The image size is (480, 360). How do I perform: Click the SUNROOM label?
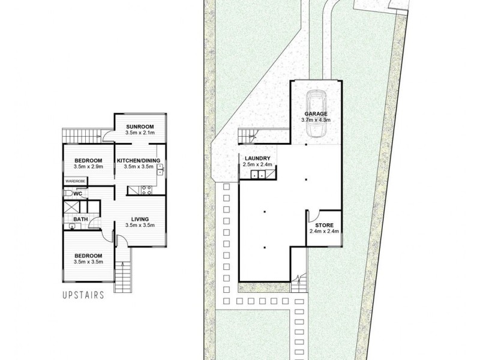pyautogui.click(x=140, y=127)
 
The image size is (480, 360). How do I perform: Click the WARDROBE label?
pyautogui.click(x=77, y=181)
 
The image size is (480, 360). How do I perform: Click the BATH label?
pyautogui.click(x=81, y=220)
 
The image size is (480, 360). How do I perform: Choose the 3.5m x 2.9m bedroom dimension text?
pyautogui.click(x=88, y=167)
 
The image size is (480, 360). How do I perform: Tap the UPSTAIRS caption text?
pyautogui.click(x=83, y=295)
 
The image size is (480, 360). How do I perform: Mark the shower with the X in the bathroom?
pyautogui.click(x=71, y=206)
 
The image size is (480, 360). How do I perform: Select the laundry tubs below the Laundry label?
pyautogui.click(x=257, y=175)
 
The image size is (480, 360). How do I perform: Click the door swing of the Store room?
pyautogui.click(x=313, y=215)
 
